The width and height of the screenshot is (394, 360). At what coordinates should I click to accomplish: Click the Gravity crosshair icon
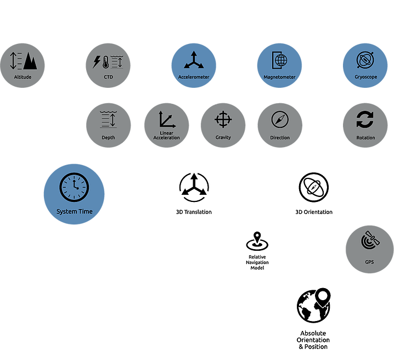point(222,119)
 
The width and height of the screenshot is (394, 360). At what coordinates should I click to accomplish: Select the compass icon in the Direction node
point(280,119)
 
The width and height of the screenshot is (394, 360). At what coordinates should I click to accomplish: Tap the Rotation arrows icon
point(365,119)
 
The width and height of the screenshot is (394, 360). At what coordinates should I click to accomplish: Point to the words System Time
point(74,212)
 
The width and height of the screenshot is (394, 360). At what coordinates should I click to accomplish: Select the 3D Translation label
point(194,212)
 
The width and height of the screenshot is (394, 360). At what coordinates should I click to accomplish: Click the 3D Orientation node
point(313,192)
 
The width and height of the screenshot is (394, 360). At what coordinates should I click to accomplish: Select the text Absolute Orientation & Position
point(313,340)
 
